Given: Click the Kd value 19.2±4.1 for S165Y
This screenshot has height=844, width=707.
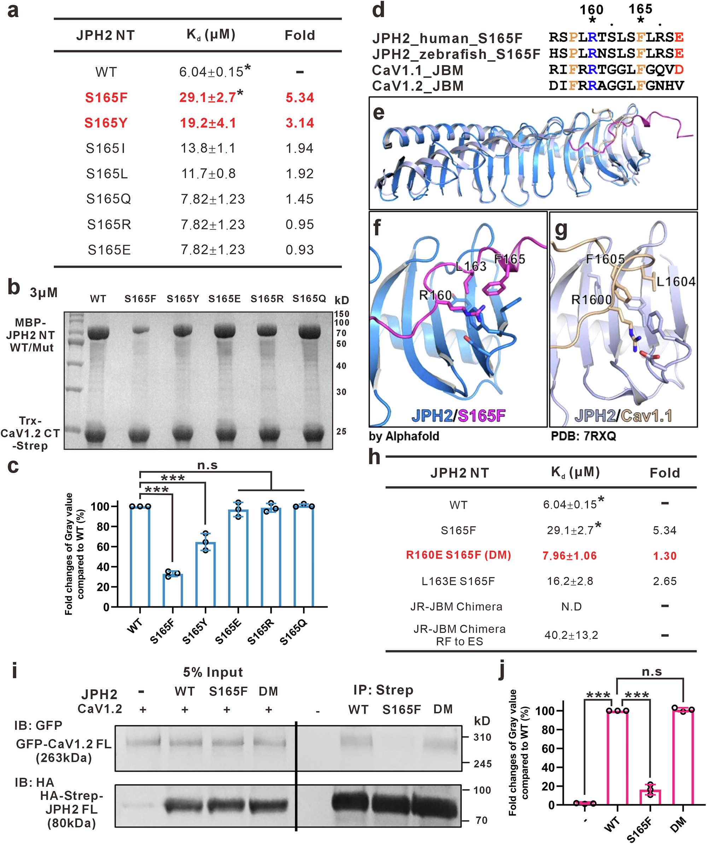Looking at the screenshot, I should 208,123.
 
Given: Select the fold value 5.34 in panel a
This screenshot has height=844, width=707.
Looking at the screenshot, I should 299,98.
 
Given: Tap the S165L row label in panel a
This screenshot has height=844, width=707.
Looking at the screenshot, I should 107,174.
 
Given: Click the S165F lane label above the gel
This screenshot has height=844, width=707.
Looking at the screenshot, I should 140,299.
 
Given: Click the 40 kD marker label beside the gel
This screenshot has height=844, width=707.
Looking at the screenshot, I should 341,366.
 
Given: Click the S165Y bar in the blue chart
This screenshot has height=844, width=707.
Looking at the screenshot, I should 205,575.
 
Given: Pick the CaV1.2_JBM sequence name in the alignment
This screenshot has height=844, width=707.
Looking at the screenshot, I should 417,86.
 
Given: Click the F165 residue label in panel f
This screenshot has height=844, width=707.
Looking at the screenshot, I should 510,259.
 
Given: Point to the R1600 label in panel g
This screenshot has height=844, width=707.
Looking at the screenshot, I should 591,300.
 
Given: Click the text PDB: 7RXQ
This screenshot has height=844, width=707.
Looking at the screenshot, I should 583,436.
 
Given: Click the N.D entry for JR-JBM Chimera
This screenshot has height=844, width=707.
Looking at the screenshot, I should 571,606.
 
